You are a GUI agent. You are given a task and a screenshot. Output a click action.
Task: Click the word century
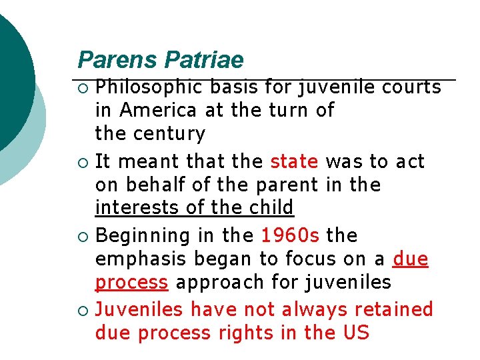click(169, 134)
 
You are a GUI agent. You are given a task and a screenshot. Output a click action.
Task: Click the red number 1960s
click(290, 235)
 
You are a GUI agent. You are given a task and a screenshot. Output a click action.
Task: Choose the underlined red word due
click(411, 259)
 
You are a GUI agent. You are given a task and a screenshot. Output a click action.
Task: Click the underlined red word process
click(131, 283)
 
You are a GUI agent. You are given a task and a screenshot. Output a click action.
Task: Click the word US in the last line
click(357, 333)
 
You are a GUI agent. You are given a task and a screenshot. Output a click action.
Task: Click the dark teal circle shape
click(10, 80)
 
